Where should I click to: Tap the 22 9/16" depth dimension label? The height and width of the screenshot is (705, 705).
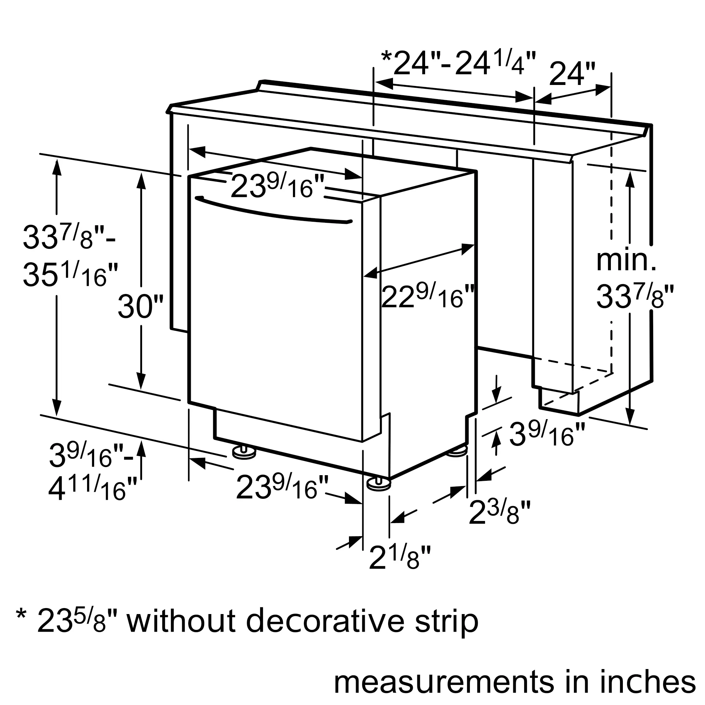point(427,296)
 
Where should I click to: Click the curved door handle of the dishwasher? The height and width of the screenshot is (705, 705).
point(274,211)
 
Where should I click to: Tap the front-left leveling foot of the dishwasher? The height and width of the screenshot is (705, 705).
point(244,453)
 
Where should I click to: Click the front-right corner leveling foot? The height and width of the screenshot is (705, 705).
point(379,485)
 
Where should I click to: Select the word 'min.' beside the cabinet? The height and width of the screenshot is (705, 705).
point(626,260)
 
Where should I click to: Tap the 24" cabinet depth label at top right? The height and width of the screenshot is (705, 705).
point(572,74)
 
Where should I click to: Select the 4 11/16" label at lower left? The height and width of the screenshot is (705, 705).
point(92,488)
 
